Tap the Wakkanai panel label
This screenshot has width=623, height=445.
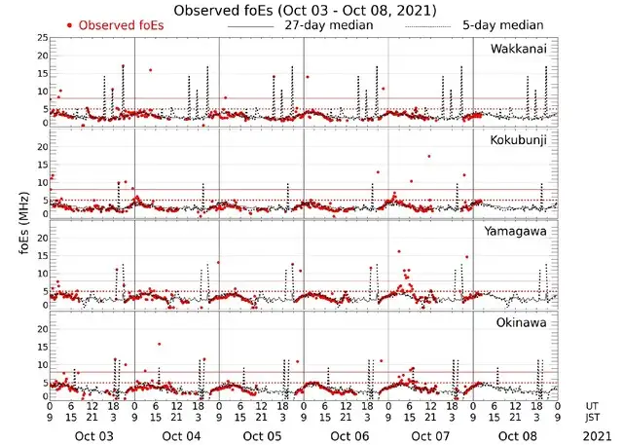pos(519,50)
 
